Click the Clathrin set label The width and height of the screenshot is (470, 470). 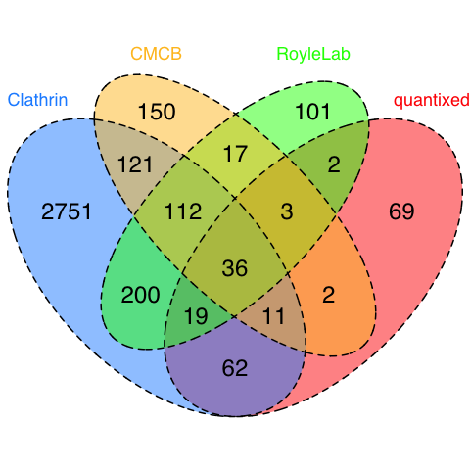tap(37, 100)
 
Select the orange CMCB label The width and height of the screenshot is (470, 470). tap(156, 54)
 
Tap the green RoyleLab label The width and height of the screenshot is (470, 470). tap(313, 54)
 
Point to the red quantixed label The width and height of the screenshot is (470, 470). tap(432, 101)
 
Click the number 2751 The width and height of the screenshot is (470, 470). tap(67, 211)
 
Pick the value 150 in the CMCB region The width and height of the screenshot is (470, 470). tap(157, 112)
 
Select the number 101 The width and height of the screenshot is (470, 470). tap(312, 112)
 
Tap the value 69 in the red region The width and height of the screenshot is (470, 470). tap(401, 211)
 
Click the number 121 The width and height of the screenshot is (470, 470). tap(135, 164)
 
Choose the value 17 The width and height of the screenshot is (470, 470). tap(235, 154)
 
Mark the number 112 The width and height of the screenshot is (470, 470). tap(183, 211)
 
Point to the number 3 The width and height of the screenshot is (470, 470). tap(287, 211)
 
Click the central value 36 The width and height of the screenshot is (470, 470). tap(235, 268)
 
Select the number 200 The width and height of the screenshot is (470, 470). tap(140, 295)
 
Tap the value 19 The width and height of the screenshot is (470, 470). tap(196, 316)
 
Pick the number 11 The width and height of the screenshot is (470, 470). tap(273, 316)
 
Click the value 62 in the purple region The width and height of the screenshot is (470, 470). tap(235, 368)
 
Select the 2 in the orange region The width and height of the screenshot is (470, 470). tap(328, 295)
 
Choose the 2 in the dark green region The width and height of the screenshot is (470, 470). tap(334, 164)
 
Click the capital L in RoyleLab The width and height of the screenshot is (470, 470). tap(323, 54)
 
